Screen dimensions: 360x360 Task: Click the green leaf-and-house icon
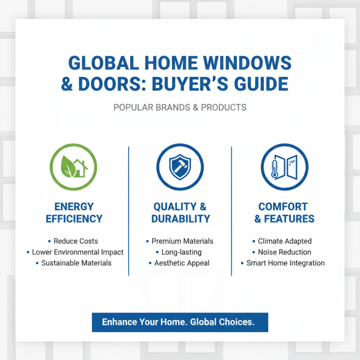point(74,167)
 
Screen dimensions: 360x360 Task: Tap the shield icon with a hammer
point(180,167)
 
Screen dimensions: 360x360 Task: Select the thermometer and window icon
point(284,167)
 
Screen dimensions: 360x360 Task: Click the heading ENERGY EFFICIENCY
point(74,213)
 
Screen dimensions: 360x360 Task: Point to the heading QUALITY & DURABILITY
point(180,213)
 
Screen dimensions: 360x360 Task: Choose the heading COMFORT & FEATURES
point(284,213)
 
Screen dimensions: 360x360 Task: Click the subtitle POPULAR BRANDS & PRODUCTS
point(180,108)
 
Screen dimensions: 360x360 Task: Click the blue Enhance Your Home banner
point(180,322)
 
